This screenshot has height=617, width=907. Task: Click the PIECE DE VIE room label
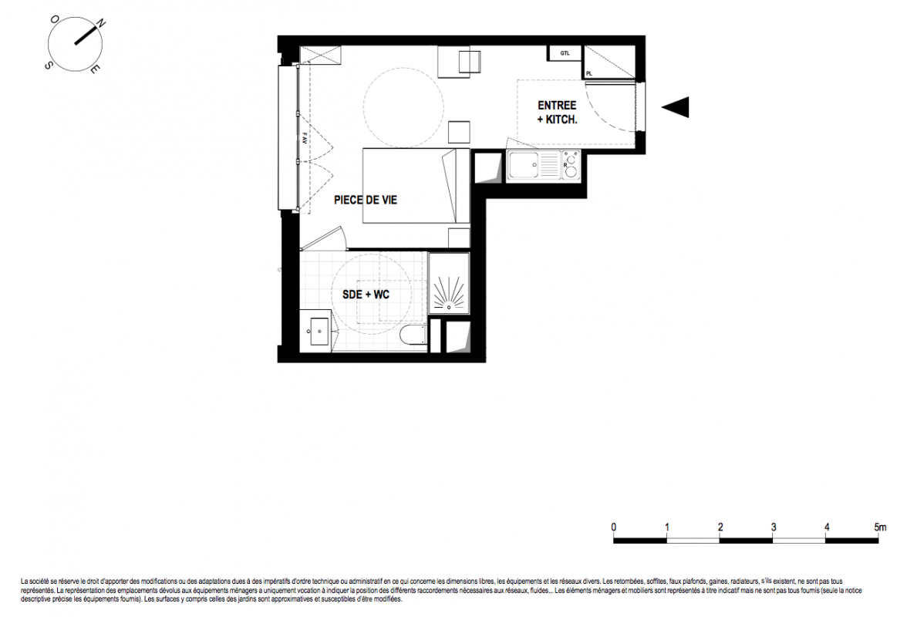coord(366,200)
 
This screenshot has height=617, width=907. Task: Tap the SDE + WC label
coord(366,295)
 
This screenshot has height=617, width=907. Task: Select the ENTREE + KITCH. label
coord(557,112)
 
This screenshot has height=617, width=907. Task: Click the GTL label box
coord(565,53)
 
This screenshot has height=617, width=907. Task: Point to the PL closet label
coord(589,73)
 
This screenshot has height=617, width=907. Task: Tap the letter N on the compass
coord(100,24)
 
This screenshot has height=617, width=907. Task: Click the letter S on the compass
coord(48,66)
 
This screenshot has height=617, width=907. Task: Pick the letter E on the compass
coord(95,70)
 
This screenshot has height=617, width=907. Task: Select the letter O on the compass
coord(54,19)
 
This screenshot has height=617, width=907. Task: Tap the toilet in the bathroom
coord(413,336)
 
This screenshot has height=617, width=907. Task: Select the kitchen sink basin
coord(523,165)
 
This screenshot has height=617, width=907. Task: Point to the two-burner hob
coord(571,165)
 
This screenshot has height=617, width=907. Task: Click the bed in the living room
coord(416,186)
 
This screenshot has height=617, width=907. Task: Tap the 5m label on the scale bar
coord(880,528)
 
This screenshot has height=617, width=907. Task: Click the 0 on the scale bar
coord(614,528)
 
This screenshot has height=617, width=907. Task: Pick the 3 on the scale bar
coord(774,528)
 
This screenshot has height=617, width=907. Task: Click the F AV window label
coord(304,138)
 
